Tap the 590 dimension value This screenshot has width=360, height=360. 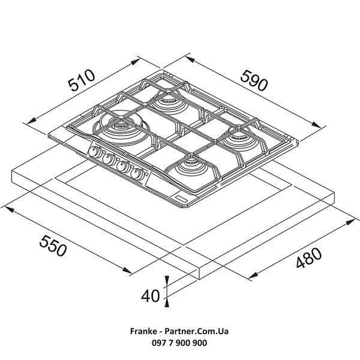(x=254, y=80)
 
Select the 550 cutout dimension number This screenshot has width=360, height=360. (x=53, y=245)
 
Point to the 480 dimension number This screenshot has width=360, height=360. (x=309, y=257)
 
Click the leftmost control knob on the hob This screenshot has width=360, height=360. (x=94, y=152)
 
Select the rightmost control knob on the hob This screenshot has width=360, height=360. (x=136, y=174)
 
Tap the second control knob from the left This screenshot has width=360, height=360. (x=109, y=159)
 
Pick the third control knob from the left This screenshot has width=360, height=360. (x=122, y=166)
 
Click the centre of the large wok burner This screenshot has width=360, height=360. (x=121, y=126)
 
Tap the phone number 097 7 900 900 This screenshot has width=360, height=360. (x=179, y=343)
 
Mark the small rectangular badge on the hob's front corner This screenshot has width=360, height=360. (x=181, y=199)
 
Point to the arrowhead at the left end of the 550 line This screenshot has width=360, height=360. (x=8, y=208)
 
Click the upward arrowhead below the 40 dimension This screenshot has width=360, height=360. (x=167, y=303)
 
